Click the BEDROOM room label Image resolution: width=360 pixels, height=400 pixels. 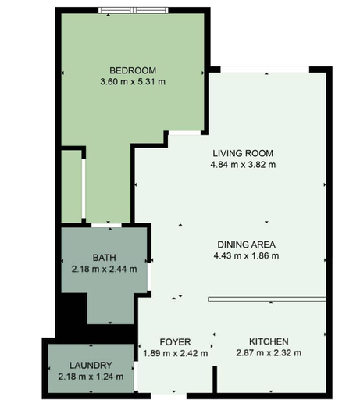(133, 70)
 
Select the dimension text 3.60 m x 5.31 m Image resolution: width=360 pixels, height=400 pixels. (133, 82)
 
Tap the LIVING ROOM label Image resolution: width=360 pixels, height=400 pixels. (243, 153)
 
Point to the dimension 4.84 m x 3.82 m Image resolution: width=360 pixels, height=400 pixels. (243, 165)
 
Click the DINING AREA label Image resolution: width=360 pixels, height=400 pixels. (246, 245)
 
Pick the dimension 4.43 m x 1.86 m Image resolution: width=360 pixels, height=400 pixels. (246, 255)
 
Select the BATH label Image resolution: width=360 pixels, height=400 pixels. (104, 258)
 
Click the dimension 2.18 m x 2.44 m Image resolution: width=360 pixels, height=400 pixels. (104, 269)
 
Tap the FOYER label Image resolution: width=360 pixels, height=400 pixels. (175, 342)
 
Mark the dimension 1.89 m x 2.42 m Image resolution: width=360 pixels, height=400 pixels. (175, 353)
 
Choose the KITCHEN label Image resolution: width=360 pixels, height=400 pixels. (269, 341)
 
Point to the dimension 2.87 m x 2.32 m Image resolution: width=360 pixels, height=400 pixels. (269, 353)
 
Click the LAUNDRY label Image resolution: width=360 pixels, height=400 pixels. (91, 366)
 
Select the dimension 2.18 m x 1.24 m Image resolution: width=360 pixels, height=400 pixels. (91, 377)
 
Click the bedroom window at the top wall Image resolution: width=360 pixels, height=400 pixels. (134, 10)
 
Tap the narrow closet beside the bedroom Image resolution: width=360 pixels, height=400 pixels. (71, 187)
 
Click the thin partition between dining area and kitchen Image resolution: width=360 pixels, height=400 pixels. (267, 299)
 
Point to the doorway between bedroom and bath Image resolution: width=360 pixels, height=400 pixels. (107, 225)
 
